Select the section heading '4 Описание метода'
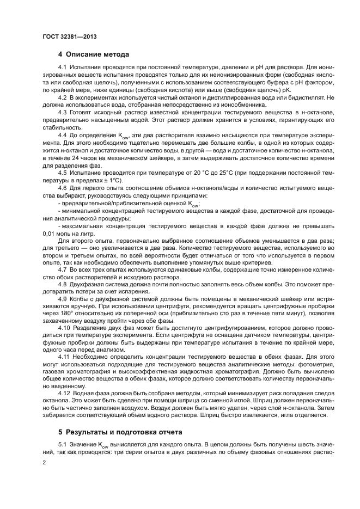[x=93, y=54]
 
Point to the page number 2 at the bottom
[x=44, y=462]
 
